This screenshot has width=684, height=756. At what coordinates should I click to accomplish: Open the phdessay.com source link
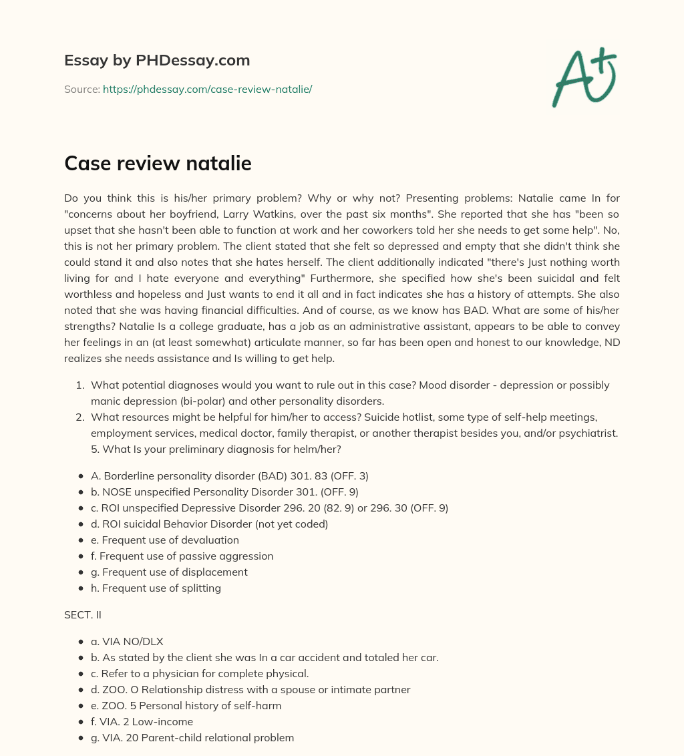tap(207, 89)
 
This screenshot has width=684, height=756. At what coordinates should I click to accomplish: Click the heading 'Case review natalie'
tap(158, 162)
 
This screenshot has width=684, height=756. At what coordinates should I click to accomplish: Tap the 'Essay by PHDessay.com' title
tap(157, 60)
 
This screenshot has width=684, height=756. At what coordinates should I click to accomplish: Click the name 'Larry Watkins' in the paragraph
tap(288, 213)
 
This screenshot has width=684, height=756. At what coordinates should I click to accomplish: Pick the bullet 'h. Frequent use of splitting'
tap(156, 588)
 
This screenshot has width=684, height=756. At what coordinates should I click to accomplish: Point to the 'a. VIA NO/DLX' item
tap(127, 641)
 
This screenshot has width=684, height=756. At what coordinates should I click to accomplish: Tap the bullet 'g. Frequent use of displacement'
tap(169, 572)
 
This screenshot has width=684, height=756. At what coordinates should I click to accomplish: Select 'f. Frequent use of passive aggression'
tap(182, 556)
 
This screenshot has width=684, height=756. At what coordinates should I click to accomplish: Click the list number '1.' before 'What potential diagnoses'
tap(79, 385)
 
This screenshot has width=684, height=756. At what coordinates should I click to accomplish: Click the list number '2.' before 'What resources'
tap(79, 417)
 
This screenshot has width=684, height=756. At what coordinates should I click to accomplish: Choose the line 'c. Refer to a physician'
tap(200, 673)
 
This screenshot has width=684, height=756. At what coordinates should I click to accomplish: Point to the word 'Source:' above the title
tap(81, 89)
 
